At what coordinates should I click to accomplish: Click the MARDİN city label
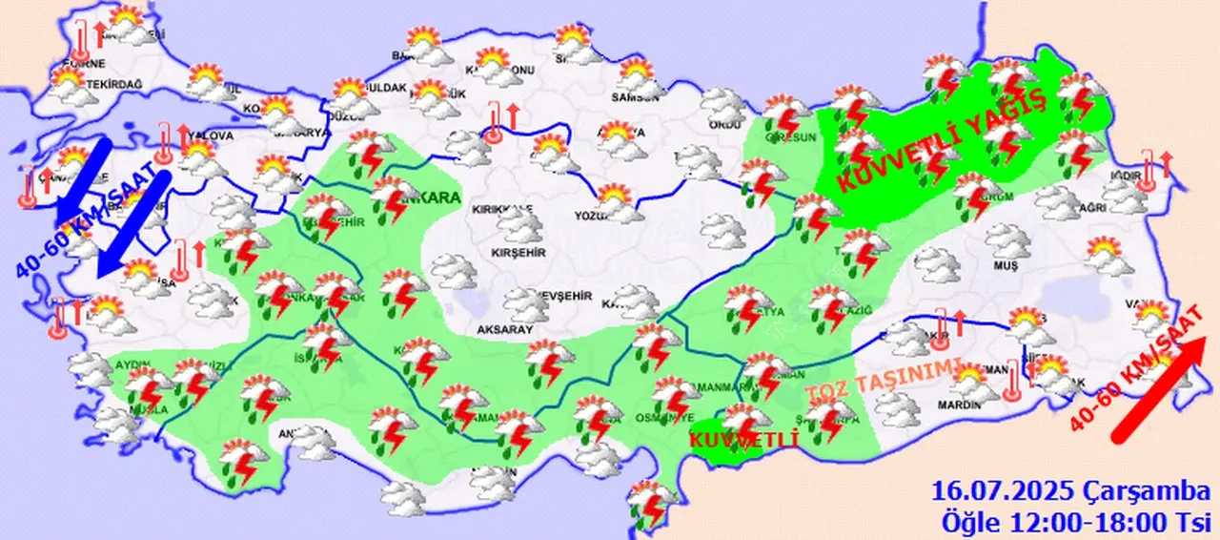958,405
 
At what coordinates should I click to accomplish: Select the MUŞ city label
1006,264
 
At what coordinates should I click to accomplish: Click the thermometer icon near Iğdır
1147,174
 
